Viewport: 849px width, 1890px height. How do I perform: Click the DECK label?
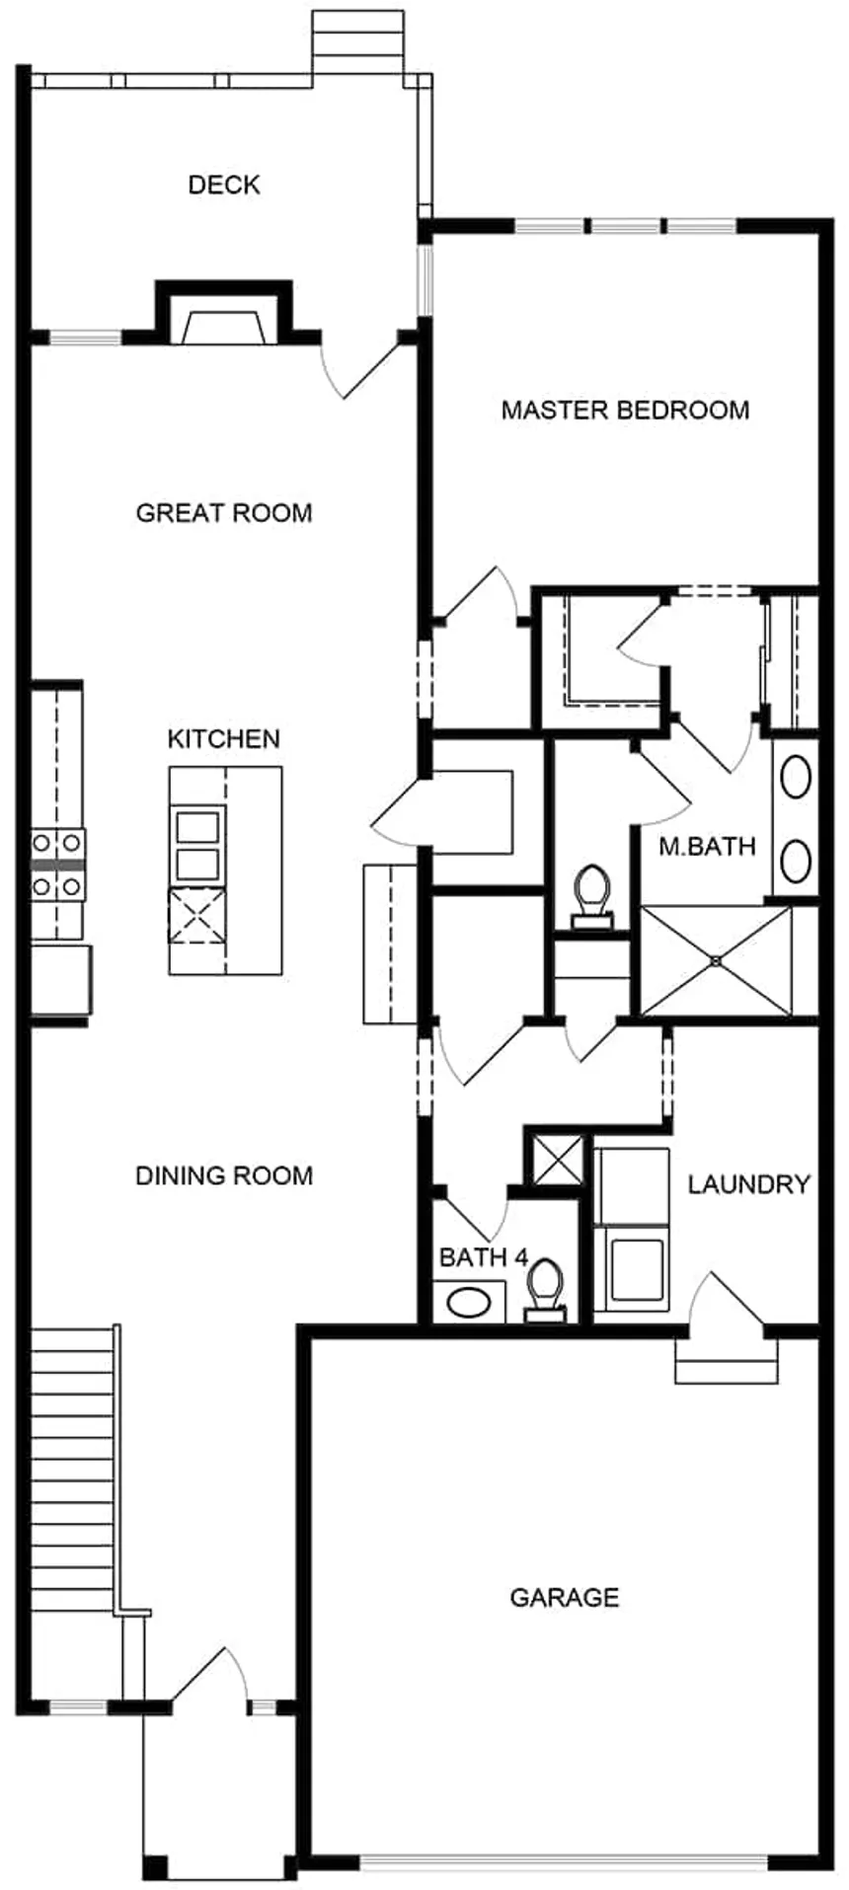[224, 185]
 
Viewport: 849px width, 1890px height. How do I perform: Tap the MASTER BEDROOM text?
[625, 410]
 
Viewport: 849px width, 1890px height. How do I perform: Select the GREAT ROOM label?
[224, 513]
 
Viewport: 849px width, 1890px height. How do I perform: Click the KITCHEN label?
[224, 738]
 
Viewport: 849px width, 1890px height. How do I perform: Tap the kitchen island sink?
[197, 842]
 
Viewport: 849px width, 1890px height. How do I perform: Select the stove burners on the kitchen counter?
[56, 865]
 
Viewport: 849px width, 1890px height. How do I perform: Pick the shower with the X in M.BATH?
[716, 960]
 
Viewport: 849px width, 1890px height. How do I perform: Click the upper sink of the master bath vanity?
[796, 778]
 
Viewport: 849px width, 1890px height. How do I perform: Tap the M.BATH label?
[707, 846]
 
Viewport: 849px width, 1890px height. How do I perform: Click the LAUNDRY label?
[748, 1184]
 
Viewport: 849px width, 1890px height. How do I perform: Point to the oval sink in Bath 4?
[469, 1302]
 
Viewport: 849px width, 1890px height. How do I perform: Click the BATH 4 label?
[483, 1257]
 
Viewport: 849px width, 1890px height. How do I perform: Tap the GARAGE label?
[565, 1597]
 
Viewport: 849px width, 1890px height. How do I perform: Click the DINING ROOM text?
[224, 1175]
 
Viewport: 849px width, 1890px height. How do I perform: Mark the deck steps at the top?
[357, 42]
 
